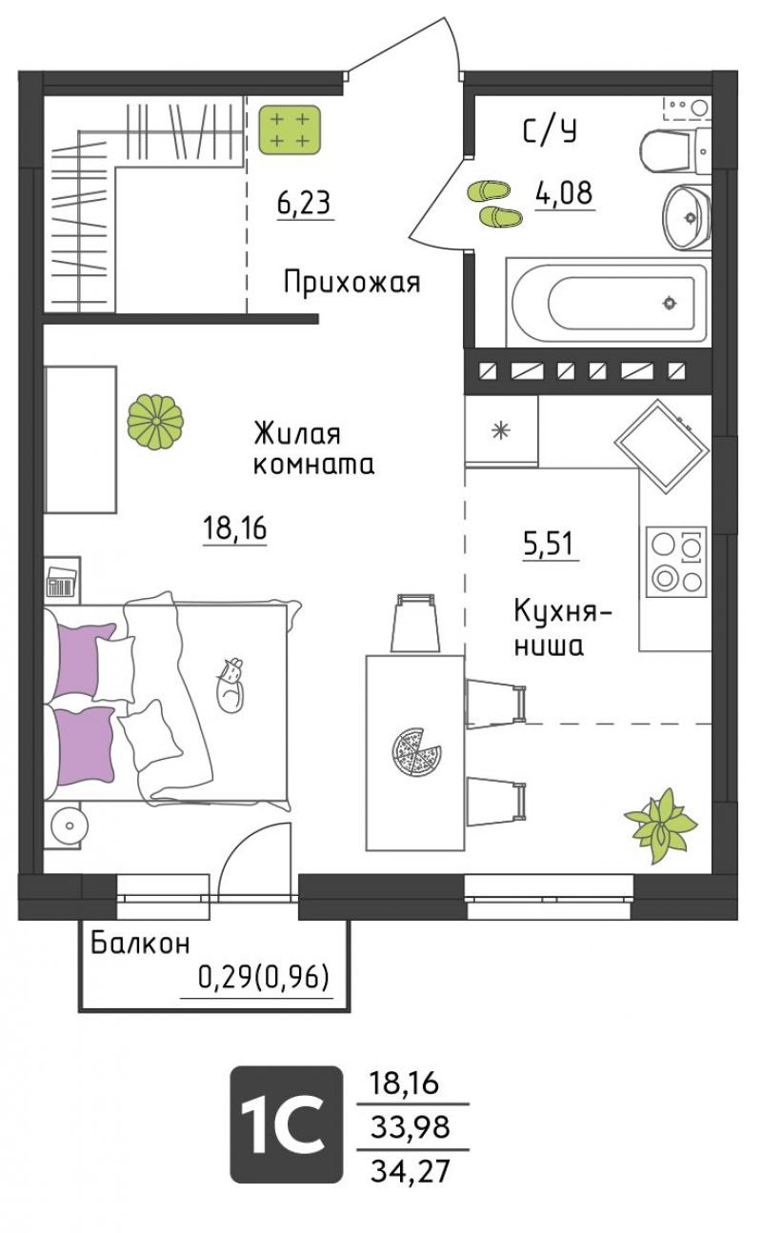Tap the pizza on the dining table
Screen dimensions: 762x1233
pyautogui.click(x=416, y=752)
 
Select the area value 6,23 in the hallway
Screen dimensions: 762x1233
pyautogui.click(x=304, y=203)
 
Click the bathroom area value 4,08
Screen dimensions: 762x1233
pyautogui.click(x=564, y=193)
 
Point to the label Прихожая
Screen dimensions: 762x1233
pyautogui.click(x=351, y=283)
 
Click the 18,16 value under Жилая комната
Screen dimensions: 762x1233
pyautogui.click(x=235, y=527)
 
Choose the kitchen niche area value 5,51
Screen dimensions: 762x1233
pyautogui.click(x=549, y=544)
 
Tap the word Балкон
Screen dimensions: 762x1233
pyautogui.click(x=140, y=943)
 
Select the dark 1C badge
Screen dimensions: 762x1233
pyautogui.click(x=287, y=1124)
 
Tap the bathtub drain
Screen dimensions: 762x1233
pyautogui.click(x=669, y=302)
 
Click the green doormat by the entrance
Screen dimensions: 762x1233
pyautogui.click(x=291, y=129)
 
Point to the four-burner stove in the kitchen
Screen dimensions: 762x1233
pyautogui.click(x=676, y=561)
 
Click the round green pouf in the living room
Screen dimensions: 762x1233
pyautogui.click(x=155, y=422)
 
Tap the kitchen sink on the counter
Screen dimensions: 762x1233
pyautogui.click(x=661, y=447)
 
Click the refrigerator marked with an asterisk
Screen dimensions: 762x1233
pyautogui.click(x=501, y=430)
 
